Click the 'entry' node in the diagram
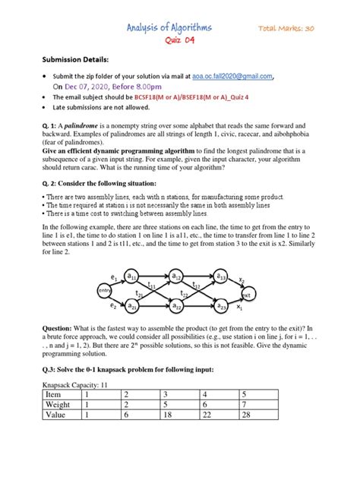tap(104, 291)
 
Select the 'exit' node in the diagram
tap(247, 293)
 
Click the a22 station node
tap(176, 306)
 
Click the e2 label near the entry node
tap(114, 305)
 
